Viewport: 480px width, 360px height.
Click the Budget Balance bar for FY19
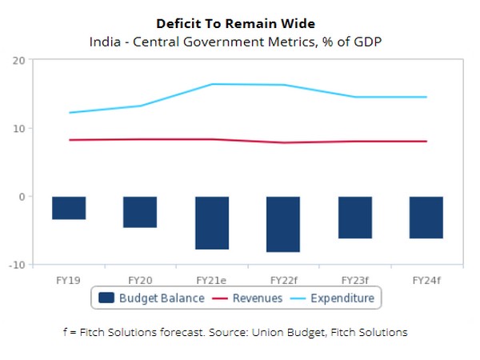69,208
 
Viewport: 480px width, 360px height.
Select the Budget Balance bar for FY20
140,212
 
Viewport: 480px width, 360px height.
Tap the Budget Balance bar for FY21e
212,223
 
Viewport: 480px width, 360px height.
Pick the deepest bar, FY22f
283,224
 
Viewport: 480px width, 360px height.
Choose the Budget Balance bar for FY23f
354,218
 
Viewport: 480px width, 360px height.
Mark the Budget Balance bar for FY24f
426,218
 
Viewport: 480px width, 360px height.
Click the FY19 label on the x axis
69,280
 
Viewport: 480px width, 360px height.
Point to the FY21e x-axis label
212,280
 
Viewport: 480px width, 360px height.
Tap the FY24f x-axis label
426,280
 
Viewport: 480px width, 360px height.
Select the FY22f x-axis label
283,280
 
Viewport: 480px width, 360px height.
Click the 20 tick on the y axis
18,60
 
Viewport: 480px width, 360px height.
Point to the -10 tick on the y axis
17,265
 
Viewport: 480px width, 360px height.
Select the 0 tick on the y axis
22,197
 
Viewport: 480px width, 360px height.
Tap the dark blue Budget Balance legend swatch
106,298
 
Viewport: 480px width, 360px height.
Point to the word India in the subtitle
104,41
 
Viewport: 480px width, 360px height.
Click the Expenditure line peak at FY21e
212,84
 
